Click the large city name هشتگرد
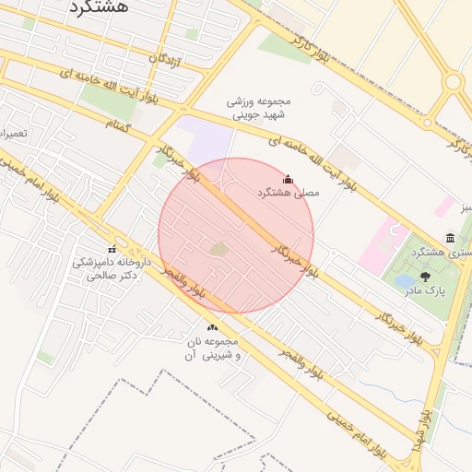pos(100,7)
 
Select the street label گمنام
pos(119,124)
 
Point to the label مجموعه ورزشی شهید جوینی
pos(258,107)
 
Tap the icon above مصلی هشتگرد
pos(288,179)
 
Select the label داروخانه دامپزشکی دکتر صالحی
pos(111,268)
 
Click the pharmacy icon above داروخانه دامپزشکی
pos(112,249)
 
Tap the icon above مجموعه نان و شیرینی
pos(213,327)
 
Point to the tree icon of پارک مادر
pos(425,276)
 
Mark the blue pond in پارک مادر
pos(405,281)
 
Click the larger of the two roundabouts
pos(453,82)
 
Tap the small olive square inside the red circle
pos(219,249)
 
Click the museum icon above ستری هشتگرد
pos(450,238)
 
